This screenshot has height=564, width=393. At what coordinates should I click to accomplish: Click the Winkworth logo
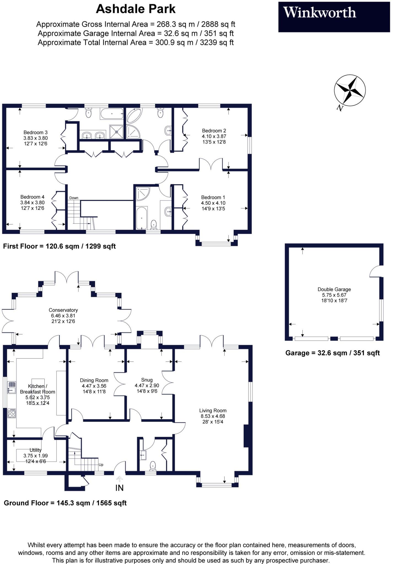click(x=319, y=13)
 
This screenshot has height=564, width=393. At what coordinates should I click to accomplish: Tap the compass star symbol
click(x=350, y=90)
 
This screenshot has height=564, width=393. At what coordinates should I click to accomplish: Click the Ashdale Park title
click(x=136, y=9)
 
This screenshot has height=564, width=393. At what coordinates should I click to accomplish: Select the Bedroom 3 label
click(x=35, y=132)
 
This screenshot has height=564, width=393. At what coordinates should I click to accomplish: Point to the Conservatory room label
click(x=63, y=310)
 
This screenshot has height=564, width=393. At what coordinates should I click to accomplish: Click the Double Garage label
click(x=334, y=289)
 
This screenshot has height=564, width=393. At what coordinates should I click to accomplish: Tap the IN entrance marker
click(x=119, y=488)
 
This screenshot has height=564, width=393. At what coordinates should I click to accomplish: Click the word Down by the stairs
click(x=74, y=198)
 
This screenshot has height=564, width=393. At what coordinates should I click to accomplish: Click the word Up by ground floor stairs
click(x=101, y=465)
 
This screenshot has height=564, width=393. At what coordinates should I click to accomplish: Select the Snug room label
click(x=147, y=380)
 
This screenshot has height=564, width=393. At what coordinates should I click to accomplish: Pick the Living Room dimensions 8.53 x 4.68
click(x=213, y=416)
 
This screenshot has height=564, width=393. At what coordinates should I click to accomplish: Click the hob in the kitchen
click(x=12, y=413)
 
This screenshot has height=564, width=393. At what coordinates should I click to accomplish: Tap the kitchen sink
click(x=12, y=387)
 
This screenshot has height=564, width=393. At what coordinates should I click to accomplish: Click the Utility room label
click(x=35, y=450)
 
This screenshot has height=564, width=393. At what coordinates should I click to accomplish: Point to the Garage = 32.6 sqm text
click(x=332, y=353)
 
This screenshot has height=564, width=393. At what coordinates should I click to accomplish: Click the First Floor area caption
click(x=59, y=246)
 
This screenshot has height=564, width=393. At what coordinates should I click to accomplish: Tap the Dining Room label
click(x=94, y=380)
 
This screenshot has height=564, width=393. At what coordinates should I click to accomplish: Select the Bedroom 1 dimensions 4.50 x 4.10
click(x=213, y=203)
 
